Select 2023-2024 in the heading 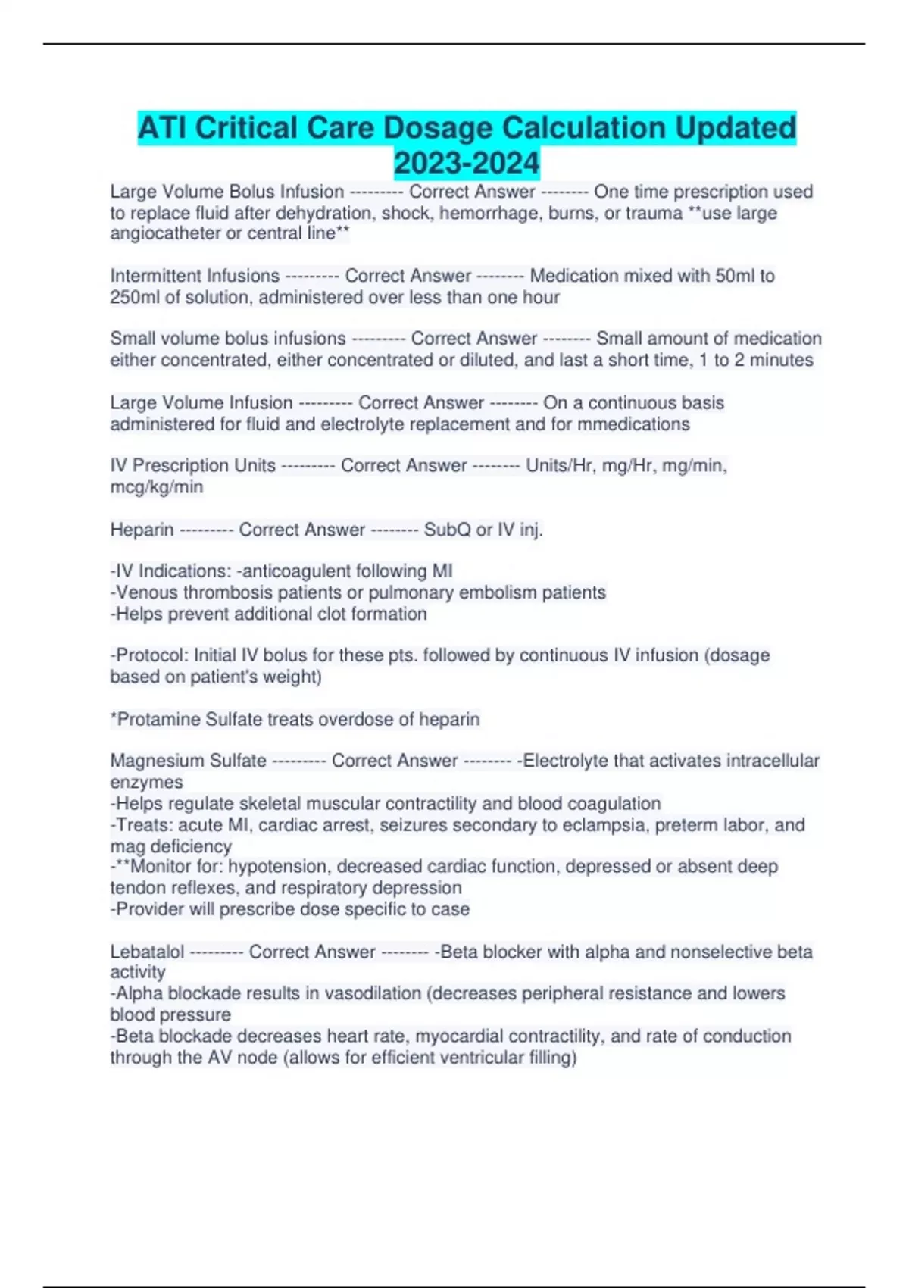pos(467,163)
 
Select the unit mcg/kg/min pos(157,487)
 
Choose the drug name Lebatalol pos(147,952)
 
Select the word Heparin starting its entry pos(142,530)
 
